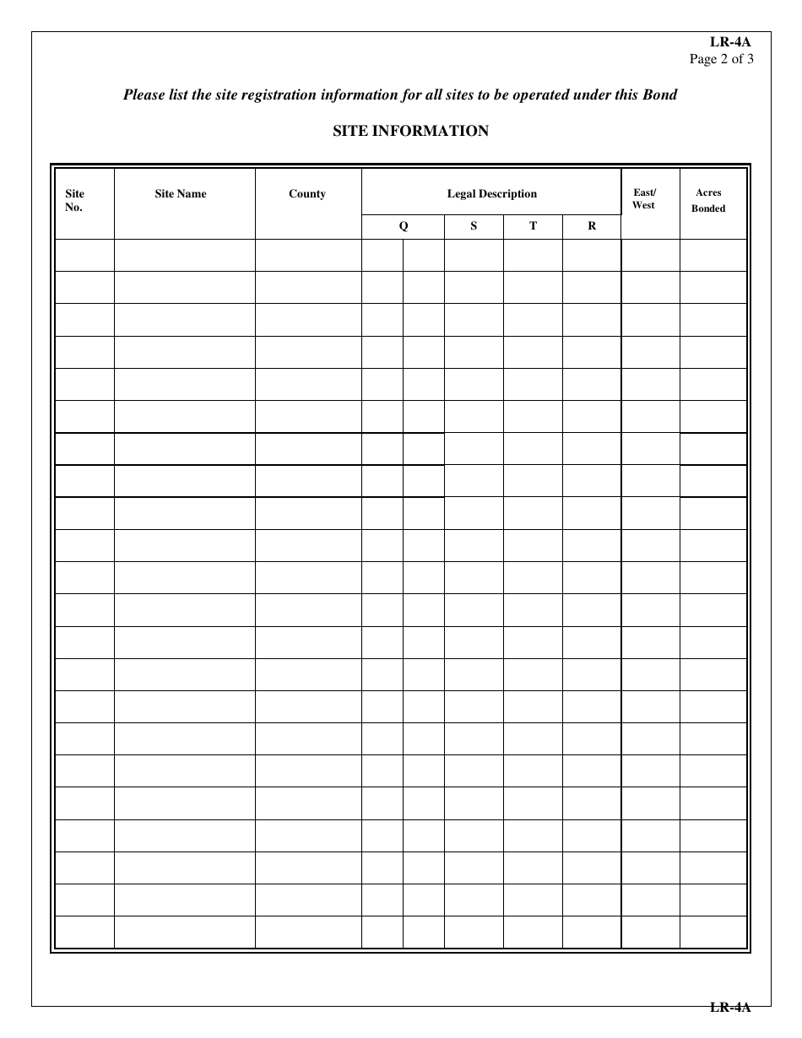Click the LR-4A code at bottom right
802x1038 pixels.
point(730,1007)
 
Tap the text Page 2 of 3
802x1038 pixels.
point(722,59)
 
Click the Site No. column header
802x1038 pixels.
point(75,201)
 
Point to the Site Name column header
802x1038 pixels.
point(181,194)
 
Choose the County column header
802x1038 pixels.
point(307,194)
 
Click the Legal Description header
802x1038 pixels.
point(491,194)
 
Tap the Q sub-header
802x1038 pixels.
point(404,226)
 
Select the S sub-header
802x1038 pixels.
point(474,226)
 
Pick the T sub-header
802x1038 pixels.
point(533,226)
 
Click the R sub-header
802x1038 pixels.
point(592,226)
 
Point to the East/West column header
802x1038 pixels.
point(644,199)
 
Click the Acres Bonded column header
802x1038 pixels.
point(708,201)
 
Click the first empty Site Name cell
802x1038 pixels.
point(184,255)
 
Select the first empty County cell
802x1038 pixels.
point(308,255)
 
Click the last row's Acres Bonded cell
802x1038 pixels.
point(713,933)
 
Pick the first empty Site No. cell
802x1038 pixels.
point(84,255)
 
